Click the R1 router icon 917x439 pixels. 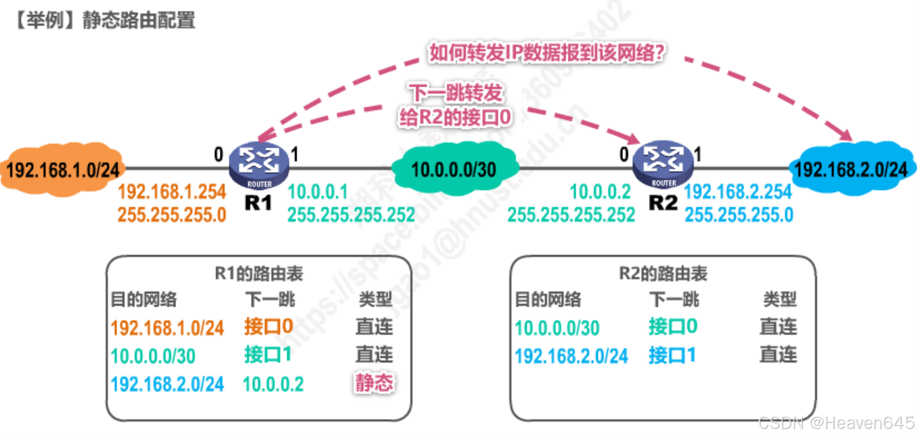(259, 164)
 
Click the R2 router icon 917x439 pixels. (663, 163)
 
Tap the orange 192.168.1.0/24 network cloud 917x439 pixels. (63, 170)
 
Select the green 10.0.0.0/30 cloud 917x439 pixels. (453, 169)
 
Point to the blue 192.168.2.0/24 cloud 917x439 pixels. (851, 169)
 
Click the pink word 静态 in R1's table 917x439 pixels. (374, 383)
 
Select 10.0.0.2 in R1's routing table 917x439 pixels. (273, 384)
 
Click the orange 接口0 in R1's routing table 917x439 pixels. (269, 327)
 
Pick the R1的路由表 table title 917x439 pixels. (259, 274)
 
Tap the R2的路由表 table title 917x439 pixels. (663, 274)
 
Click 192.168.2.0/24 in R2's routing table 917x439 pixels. (571, 356)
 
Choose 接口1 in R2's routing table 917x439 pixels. (672, 355)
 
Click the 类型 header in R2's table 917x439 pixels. (780, 300)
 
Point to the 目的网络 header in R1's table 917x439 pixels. (144, 300)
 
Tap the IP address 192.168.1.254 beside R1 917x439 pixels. (172, 191)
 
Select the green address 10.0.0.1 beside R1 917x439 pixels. (318, 191)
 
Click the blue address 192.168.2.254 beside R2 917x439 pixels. (738, 191)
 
